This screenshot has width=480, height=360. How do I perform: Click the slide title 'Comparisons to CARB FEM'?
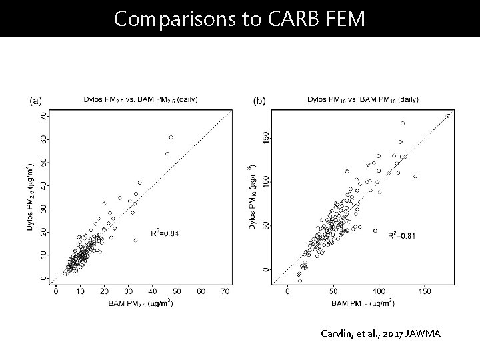(239, 18)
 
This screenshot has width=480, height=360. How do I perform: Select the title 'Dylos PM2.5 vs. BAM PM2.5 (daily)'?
(141, 100)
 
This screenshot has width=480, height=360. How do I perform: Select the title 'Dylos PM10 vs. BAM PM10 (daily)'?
(363, 100)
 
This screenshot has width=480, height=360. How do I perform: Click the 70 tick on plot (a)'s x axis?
(226, 291)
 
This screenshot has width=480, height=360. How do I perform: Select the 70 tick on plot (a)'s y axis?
(44, 116)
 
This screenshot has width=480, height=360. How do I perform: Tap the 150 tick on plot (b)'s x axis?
(425, 291)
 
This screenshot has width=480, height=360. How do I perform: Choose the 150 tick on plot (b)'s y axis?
(266, 137)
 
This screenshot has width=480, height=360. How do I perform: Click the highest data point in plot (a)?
(171, 137)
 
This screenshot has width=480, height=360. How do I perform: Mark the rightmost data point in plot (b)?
(448, 116)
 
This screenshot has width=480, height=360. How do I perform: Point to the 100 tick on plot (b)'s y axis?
(266, 181)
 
